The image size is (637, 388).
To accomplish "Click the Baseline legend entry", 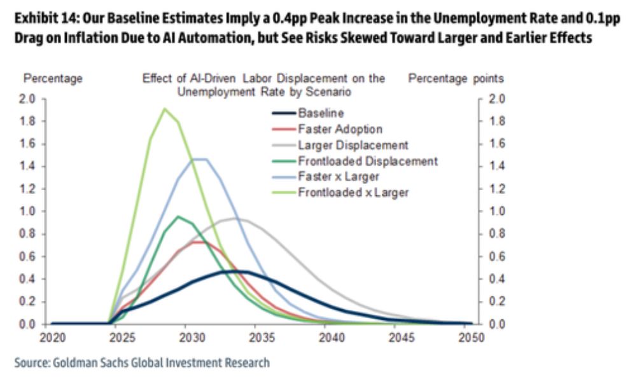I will click(321, 113).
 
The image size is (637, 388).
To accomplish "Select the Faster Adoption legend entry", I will click(340, 129).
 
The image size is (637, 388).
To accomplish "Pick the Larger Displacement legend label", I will click(353, 145).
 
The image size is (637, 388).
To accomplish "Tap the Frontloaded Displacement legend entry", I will click(367, 161).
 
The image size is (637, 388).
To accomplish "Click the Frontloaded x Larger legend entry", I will click(353, 192).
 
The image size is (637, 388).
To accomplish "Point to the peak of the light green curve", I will click(164, 109).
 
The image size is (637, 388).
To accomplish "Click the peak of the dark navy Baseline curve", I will click(228, 271).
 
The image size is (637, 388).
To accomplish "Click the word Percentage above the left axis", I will click(53, 79).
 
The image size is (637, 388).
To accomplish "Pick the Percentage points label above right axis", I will click(456, 79).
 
